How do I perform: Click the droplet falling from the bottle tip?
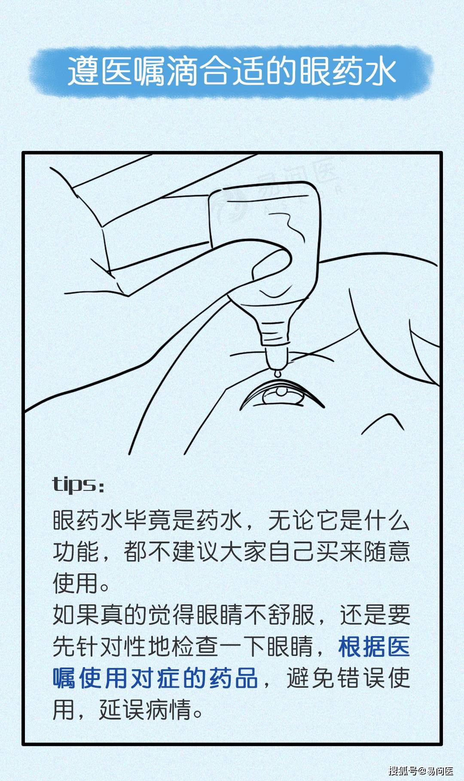[x=278, y=374]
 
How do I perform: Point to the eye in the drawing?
[x=281, y=396]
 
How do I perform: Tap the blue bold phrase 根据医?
[x=374, y=646]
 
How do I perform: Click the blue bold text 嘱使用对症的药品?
[x=155, y=678]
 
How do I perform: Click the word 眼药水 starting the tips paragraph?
[x=88, y=520]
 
